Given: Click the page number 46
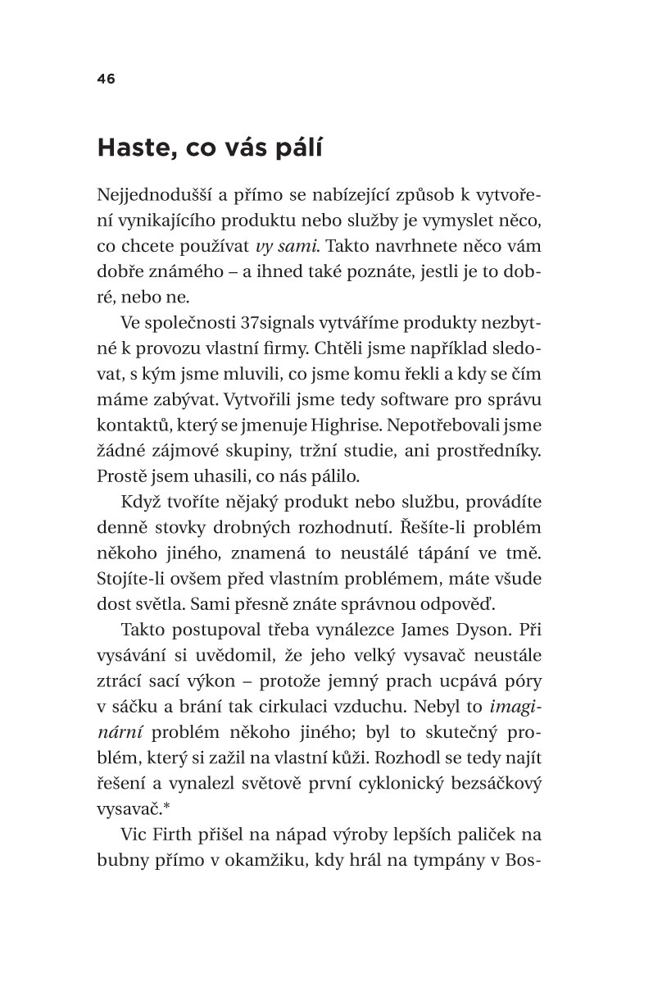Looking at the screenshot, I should tap(106, 79).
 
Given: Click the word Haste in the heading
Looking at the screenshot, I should tap(133, 149).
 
